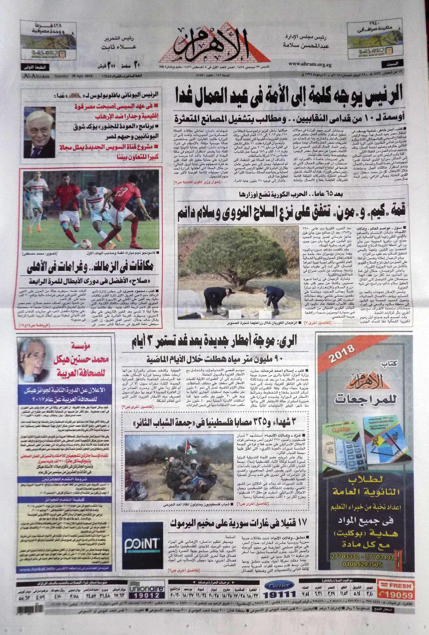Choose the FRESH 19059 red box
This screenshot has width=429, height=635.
tap(395, 589)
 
